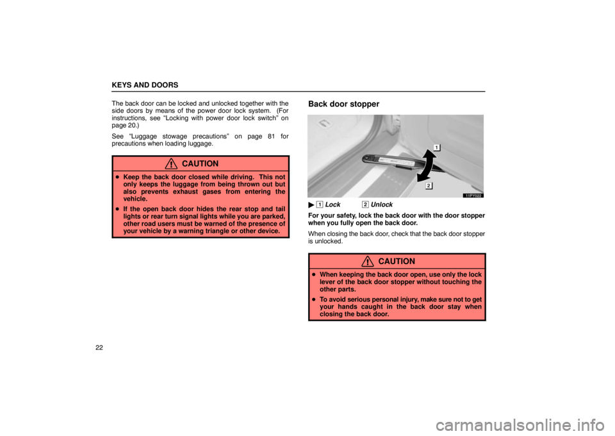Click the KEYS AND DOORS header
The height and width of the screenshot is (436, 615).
click(x=145, y=85)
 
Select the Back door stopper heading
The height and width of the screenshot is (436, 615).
click(x=343, y=104)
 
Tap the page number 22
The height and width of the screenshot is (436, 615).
click(x=99, y=348)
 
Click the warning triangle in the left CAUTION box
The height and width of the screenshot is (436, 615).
click(x=171, y=163)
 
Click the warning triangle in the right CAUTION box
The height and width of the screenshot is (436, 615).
click(x=368, y=262)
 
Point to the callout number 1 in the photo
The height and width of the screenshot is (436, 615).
click(x=437, y=147)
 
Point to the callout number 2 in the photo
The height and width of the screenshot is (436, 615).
click(x=429, y=186)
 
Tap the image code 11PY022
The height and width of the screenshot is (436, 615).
click(x=473, y=196)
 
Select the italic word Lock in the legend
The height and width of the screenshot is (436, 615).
click(x=332, y=205)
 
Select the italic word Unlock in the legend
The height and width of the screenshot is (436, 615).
click(x=382, y=205)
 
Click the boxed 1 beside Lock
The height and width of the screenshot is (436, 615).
click(x=320, y=205)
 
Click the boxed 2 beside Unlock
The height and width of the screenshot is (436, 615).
click(x=365, y=205)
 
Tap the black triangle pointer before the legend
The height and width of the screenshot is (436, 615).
click(x=311, y=205)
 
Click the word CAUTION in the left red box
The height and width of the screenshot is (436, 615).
click(x=200, y=163)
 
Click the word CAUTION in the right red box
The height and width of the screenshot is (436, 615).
click(x=397, y=262)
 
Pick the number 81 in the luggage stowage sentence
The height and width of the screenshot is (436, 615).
click(x=270, y=136)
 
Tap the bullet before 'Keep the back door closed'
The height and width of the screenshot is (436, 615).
click(x=117, y=178)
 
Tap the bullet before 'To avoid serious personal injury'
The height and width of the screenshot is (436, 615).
click(x=314, y=300)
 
